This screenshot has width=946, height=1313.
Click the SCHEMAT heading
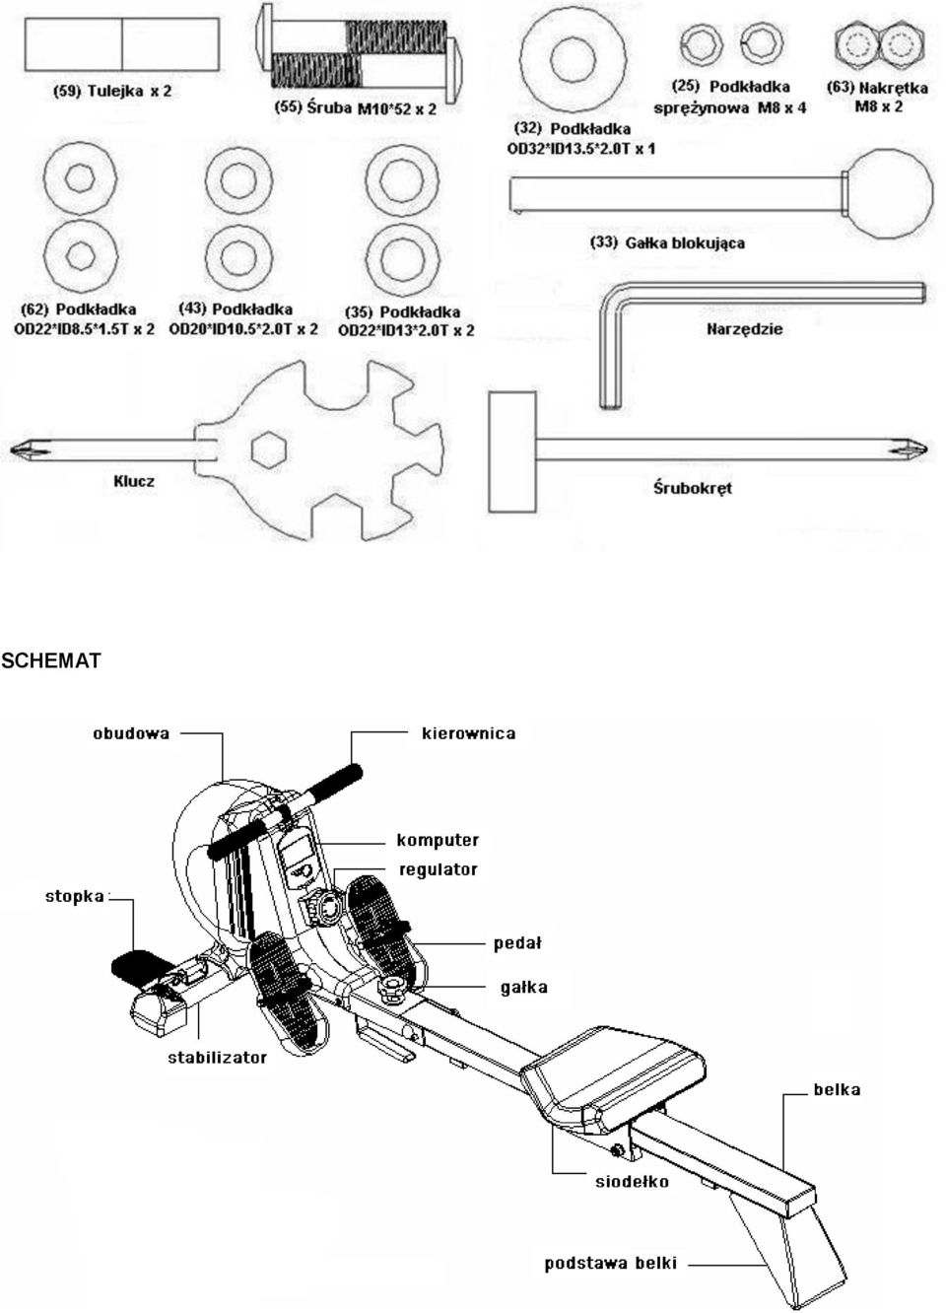tap(51, 660)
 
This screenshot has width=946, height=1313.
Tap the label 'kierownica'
tap(469, 733)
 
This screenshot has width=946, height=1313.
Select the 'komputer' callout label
tap(438, 841)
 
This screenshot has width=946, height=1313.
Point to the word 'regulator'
tap(439, 869)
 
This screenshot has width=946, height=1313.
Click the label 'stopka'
tap(75, 897)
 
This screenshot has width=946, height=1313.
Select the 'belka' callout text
tap(837, 1089)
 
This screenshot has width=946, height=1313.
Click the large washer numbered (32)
tap(574, 61)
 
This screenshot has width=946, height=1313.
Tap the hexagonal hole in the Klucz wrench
tap(270, 450)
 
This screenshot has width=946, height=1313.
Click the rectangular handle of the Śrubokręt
tap(511, 451)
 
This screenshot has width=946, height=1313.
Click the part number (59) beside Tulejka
tap(66, 92)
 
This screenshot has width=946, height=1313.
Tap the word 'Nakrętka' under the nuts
tap(893, 89)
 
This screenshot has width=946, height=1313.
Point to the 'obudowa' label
tap(131, 733)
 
